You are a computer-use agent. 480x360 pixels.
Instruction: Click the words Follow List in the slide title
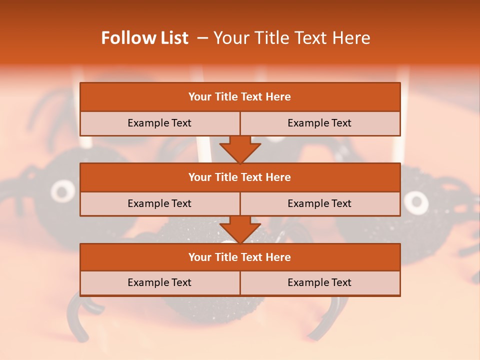pos(144,38)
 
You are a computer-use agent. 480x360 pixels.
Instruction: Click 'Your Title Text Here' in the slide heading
pos(291,38)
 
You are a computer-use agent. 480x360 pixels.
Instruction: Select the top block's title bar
pos(240,97)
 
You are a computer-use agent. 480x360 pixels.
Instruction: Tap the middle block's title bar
pos(240,177)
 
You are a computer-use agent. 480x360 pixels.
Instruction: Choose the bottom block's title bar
pos(240,257)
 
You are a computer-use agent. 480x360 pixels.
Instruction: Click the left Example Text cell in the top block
pos(159,123)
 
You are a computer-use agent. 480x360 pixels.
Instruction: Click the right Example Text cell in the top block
pos(319,123)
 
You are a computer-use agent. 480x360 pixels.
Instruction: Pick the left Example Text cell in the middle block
pos(159,203)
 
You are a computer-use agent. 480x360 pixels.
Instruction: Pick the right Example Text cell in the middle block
pos(319,203)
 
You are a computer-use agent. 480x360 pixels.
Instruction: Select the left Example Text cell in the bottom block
pos(159,282)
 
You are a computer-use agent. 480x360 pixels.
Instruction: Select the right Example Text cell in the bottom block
pos(319,282)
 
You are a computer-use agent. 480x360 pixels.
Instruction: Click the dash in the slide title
pos(202,38)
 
